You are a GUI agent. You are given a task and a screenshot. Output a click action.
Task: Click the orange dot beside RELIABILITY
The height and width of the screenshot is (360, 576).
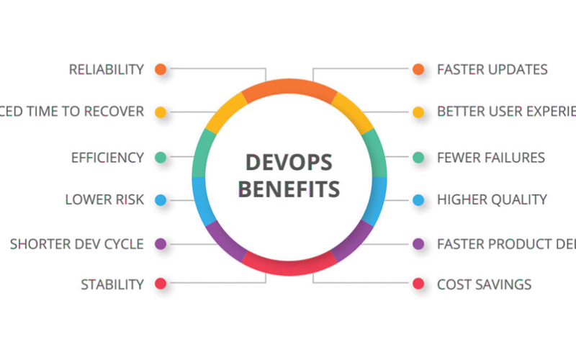pos(161,70)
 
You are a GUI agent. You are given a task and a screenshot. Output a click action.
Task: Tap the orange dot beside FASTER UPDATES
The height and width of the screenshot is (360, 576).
pos(418,70)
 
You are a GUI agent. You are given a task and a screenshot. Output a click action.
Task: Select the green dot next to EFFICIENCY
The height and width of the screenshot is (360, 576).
pos(161,157)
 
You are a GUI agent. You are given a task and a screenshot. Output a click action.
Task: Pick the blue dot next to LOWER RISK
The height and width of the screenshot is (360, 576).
pos(161,199)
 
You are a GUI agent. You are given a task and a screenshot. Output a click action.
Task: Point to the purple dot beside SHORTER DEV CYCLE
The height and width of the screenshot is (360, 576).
pos(161,243)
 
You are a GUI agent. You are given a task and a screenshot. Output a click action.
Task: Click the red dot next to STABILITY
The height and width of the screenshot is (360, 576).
pos(161,284)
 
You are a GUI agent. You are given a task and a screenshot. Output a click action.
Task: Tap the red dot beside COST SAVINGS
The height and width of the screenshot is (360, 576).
pos(418,284)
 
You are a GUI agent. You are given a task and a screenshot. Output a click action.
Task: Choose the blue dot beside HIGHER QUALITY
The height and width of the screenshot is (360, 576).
pos(418,199)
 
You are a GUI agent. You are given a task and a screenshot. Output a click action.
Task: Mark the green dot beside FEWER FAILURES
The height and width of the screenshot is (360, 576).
pos(418,157)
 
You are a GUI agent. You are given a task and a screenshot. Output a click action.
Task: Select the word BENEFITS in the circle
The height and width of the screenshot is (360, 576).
pos(289,189)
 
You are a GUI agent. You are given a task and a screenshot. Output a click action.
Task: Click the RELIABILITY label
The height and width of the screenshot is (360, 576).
pos(107,70)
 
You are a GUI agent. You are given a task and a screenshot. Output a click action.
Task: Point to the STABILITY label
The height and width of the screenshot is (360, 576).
pos(112,284)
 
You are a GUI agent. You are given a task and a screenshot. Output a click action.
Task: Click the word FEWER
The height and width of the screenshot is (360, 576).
pos(459,157)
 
